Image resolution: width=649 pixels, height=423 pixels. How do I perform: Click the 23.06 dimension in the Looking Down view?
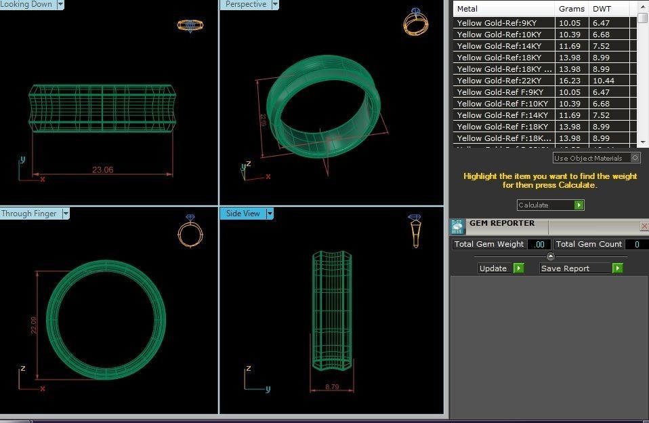click(103, 170)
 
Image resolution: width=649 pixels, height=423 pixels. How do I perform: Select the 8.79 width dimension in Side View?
click(332, 386)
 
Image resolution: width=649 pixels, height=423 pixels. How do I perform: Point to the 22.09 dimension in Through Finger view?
click(35, 325)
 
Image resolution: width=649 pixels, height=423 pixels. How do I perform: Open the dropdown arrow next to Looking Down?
click(60, 4)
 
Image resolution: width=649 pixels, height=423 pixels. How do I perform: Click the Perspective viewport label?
click(245, 4)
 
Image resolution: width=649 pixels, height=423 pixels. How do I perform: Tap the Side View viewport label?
click(243, 214)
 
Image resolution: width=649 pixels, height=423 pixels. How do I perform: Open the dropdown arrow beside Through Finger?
click(66, 214)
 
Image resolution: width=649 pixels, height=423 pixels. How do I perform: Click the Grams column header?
click(571, 9)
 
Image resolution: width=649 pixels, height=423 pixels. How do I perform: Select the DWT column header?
click(602, 9)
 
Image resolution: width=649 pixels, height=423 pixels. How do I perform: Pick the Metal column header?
click(467, 9)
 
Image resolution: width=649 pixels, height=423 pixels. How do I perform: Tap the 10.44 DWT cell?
click(603, 81)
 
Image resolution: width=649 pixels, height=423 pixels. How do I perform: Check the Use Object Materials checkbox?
click(635, 158)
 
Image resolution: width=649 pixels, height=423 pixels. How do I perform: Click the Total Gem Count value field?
click(636, 244)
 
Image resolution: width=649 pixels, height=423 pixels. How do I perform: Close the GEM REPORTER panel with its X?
click(644, 226)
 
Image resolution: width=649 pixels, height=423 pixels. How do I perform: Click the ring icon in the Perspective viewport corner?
click(415, 22)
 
